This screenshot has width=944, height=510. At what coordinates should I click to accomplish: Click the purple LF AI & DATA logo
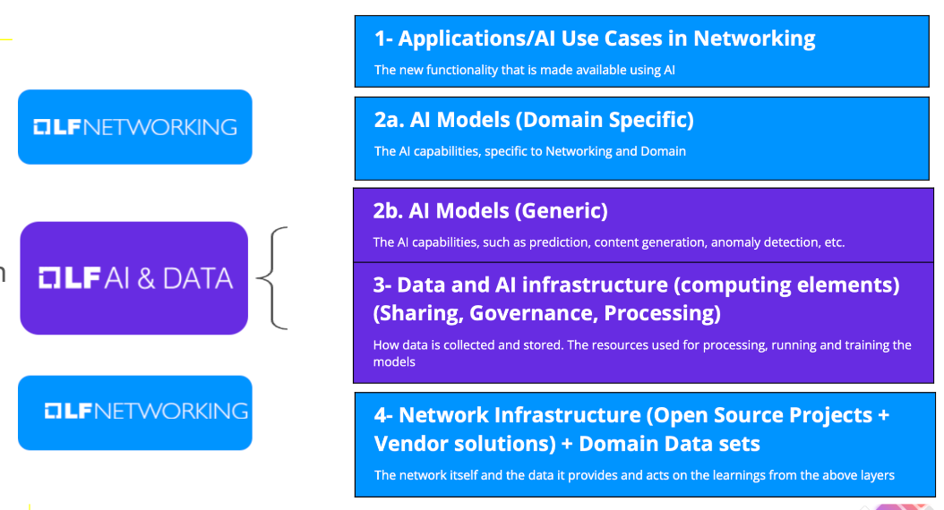pos(134,278)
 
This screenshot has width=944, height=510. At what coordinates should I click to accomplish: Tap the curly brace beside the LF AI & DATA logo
pos(272,278)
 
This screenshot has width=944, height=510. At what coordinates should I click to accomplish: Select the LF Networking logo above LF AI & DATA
pos(134,127)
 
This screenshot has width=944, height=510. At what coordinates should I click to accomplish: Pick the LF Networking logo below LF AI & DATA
pos(134,412)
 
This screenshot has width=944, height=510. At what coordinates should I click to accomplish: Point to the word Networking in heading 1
pos(754,38)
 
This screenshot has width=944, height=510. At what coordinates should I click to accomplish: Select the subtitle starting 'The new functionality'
pos(524,70)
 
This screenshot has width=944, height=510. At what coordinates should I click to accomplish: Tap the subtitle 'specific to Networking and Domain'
pos(585,151)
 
